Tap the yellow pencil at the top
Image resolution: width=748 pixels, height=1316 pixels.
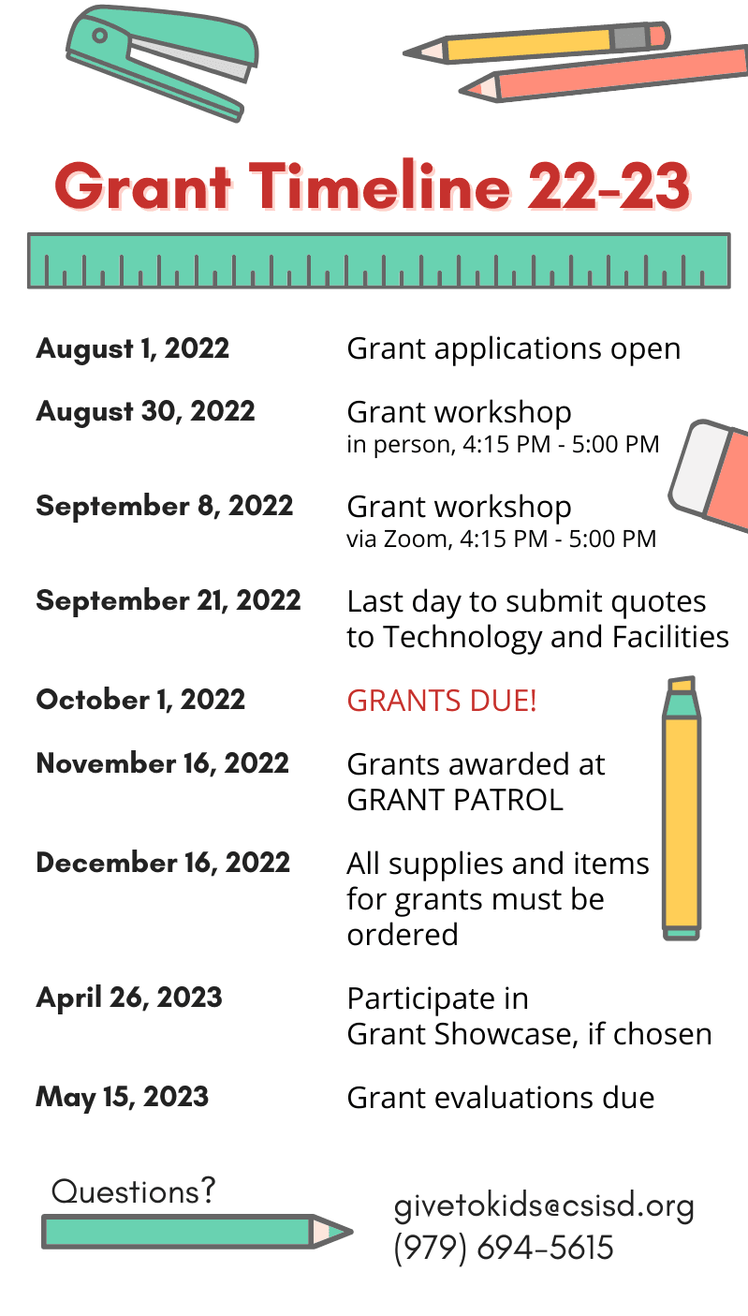(536, 43)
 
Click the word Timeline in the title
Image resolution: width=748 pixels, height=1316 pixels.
(380, 185)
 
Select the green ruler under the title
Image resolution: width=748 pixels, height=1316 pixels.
(379, 260)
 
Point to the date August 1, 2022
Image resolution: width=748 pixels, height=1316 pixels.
(133, 349)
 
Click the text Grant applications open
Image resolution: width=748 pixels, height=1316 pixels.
(514, 350)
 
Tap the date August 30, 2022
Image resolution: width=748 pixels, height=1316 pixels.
(146, 412)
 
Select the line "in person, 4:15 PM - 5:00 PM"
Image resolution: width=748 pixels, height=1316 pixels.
(503, 445)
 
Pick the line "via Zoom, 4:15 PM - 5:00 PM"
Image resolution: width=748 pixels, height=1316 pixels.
(502, 540)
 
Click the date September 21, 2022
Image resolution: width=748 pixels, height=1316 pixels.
(169, 601)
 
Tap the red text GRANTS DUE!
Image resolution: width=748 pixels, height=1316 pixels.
(442, 701)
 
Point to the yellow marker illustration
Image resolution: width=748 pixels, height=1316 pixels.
(682, 808)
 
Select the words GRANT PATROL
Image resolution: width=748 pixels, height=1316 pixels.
(455, 800)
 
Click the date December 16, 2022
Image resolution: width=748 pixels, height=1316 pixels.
(163, 864)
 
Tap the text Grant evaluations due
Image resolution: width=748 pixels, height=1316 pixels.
(501, 1098)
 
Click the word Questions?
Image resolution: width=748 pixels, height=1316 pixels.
(134, 1192)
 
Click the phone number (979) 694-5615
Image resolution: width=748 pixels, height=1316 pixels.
(504, 1248)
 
